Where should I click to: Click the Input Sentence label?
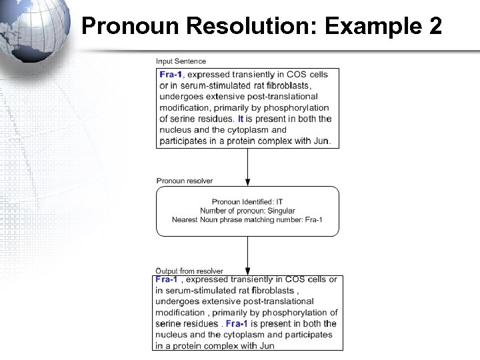[181, 62]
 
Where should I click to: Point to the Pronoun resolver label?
[185, 181]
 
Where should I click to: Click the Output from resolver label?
[189, 271]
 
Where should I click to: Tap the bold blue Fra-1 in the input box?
[171, 74]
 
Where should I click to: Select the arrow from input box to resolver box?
[248, 167]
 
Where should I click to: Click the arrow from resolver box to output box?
[248, 253]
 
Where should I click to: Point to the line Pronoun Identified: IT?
[247, 202]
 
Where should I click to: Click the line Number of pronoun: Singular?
[247, 211]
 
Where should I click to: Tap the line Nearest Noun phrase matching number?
[247, 220]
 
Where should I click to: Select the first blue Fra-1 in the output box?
[167, 279]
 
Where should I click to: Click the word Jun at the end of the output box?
[266, 345]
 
